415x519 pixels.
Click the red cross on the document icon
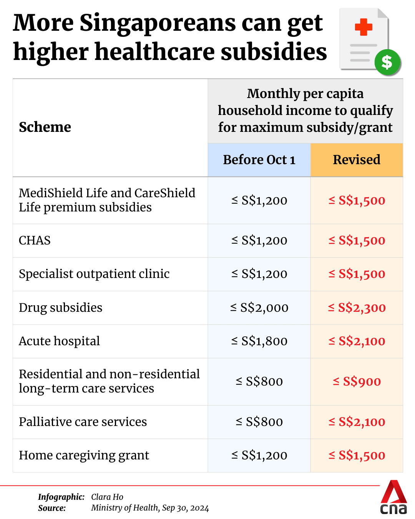tap(363, 28)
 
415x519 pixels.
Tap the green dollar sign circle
tap(387, 62)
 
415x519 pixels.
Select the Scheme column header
tap(45, 127)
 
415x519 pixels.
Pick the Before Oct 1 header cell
tap(259, 160)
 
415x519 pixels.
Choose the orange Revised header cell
tap(357, 160)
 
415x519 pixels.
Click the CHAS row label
tap(35, 240)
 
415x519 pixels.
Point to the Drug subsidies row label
tap(60, 308)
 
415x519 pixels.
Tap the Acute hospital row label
tap(59, 341)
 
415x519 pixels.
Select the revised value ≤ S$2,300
tap(357, 308)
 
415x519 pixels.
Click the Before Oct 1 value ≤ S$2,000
tap(259, 308)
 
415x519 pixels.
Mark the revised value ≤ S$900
tap(357, 381)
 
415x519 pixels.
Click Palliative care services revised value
tap(357, 422)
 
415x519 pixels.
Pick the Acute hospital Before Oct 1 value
tap(259, 341)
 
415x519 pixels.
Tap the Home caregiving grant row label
tap(84, 455)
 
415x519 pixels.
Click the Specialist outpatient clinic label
tap(94, 274)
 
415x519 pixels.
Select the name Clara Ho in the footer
tap(107, 497)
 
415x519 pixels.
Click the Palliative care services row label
tap(83, 422)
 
